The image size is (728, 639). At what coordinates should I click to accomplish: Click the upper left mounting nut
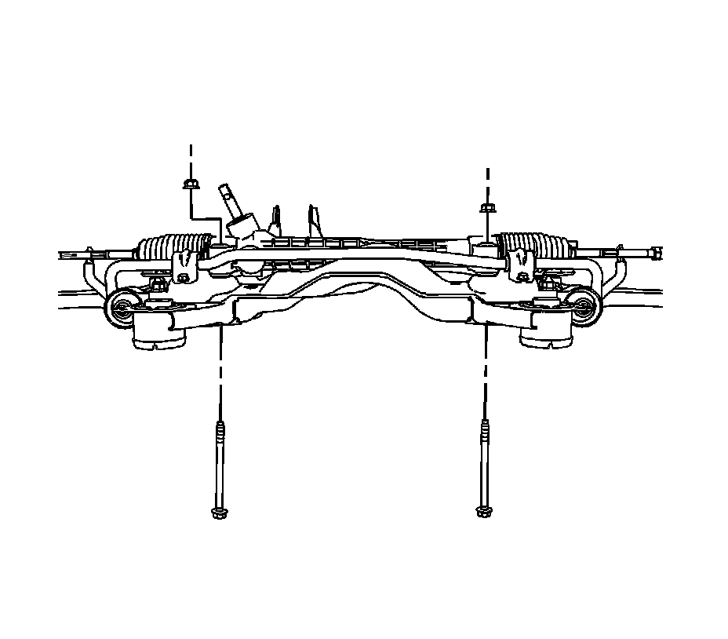click(189, 185)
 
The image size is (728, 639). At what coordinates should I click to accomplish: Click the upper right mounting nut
click(486, 207)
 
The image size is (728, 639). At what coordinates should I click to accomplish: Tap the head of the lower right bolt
click(482, 512)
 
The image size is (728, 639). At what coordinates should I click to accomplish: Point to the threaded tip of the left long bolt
click(220, 429)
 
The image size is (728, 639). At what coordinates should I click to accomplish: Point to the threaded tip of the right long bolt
click(484, 429)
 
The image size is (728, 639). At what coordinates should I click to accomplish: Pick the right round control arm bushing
click(584, 305)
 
